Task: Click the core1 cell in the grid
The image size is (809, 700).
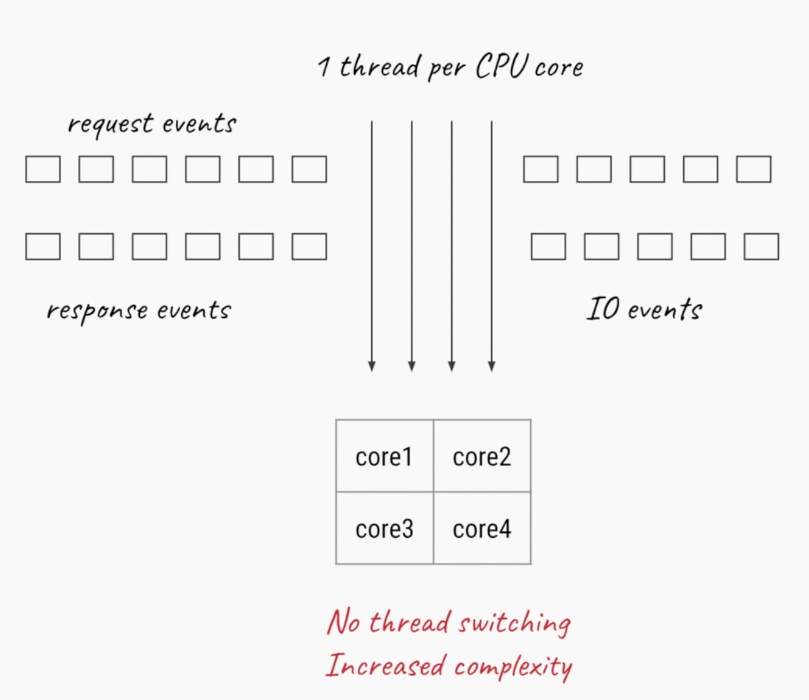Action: click(x=384, y=456)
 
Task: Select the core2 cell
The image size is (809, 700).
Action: click(x=482, y=456)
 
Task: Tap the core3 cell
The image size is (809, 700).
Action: click(x=384, y=529)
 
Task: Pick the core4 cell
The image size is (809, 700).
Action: click(x=482, y=529)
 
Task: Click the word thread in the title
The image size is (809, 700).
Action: click(x=379, y=67)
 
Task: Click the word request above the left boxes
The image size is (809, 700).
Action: click(x=111, y=124)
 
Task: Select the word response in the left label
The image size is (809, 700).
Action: click(x=97, y=311)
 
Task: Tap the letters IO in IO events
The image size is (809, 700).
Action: click(x=603, y=309)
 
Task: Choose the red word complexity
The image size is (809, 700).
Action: click(x=513, y=667)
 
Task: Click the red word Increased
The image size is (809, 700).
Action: click(x=385, y=665)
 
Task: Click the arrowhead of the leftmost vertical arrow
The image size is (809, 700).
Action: click(x=372, y=366)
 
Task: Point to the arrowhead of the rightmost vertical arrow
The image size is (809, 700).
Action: click(x=492, y=366)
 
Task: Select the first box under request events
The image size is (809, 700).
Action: click(x=43, y=169)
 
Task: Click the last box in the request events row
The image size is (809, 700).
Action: click(x=309, y=169)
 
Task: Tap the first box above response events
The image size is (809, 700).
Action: click(x=43, y=246)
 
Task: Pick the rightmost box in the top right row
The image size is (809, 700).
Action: click(x=753, y=169)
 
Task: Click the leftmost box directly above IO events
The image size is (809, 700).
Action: click(x=548, y=246)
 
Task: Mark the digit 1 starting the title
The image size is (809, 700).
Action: click(x=324, y=67)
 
